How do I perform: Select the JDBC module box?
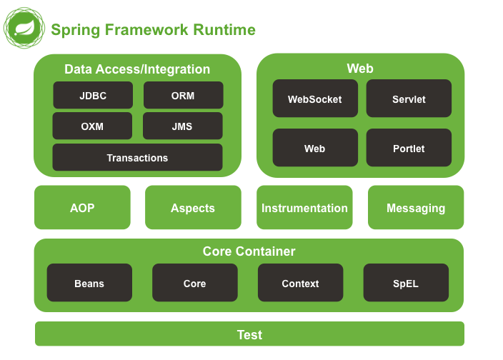[93, 95]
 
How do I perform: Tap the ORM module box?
[183, 95]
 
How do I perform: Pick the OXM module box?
[92, 126]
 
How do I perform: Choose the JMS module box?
[182, 126]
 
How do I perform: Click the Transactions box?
[137, 157]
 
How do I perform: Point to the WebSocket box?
[314, 99]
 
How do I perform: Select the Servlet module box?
[409, 99]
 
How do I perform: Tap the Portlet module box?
[409, 148]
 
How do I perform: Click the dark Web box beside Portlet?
[314, 148]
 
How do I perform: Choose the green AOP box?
[82, 208]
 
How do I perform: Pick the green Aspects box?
[193, 208]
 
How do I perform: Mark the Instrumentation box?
[304, 208]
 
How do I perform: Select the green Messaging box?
[416, 208]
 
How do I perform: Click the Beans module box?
[89, 283]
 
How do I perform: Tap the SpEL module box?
[406, 283]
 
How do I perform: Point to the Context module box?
[300, 283]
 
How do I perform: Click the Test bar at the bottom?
[249, 334]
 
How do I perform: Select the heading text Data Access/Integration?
[137, 69]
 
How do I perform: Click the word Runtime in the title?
[224, 30]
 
